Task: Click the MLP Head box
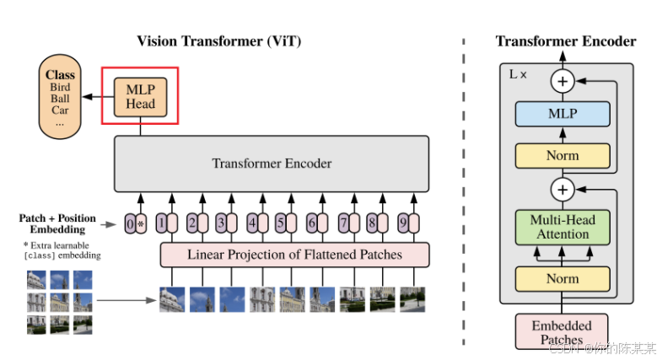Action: coord(140,94)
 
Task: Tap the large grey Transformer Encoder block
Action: coord(272,163)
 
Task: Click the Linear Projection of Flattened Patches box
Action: coord(294,254)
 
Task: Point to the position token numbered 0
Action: coord(129,223)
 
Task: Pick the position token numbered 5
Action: coord(281,223)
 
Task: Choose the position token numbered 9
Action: coord(403,223)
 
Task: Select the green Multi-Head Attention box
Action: coord(562,227)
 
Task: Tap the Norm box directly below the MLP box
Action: coord(562,155)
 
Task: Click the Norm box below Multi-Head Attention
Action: coord(562,278)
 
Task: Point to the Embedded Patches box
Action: coord(562,330)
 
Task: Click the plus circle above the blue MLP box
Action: coord(562,81)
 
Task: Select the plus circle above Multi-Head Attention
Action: coord(562,187)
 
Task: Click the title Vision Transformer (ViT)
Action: coord(218,41)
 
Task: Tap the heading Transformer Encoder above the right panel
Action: coord(565,41)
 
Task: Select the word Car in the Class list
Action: coord(60,110)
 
